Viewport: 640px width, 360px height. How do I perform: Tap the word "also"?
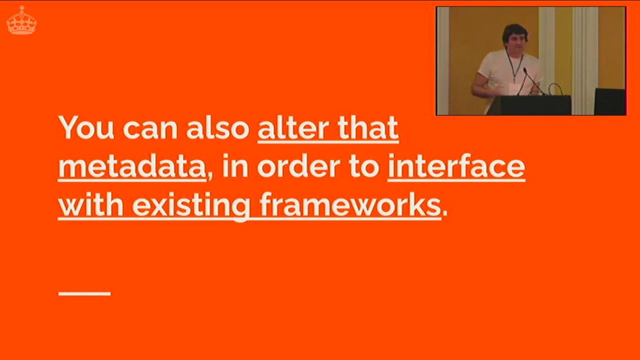pos(217,128)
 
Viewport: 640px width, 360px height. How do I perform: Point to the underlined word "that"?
pos(368,128)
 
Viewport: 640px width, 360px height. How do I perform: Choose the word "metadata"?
pos(132,167)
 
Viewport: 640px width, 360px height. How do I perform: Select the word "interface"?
pos(456,167)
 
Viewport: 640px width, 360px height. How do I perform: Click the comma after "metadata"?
pos(210,175)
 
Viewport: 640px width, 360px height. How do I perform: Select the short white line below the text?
pos(84,293)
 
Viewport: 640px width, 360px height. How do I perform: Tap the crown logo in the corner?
pos(21,20)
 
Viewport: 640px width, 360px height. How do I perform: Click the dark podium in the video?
pos(530,105)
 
